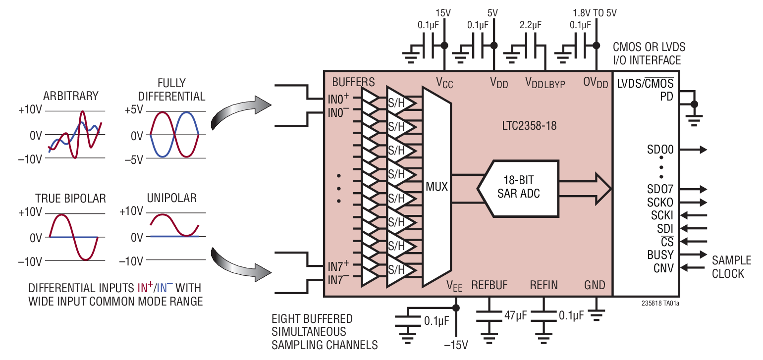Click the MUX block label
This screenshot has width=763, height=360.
click(x=436, y=187)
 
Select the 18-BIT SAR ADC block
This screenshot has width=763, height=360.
click(x=518, y=187)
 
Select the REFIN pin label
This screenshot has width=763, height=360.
click(x=544, y=285)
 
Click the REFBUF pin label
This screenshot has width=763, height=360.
click(x=489, y=285)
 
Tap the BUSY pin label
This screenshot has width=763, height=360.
click(x=660, y=255)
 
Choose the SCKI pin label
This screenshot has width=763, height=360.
click(x=662, y=215)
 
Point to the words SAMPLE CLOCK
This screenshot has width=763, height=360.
click(x=731, y=267)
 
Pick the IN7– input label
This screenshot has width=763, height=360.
click(x=338, y=280)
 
